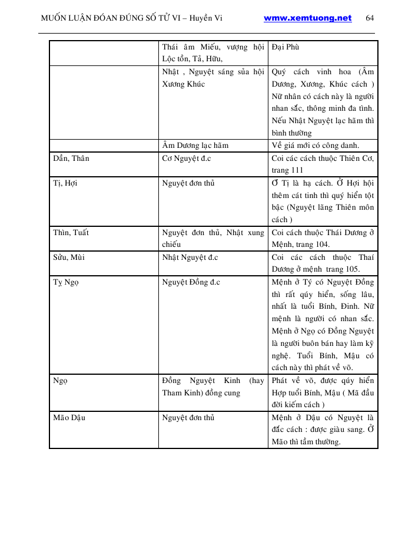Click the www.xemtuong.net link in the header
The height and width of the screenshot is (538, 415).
click(307, 18)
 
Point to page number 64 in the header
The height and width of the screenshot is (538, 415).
click(370, 18)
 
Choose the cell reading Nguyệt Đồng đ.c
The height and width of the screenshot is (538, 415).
click(191, 282)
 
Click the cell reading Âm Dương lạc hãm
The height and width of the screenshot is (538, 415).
click(195, 145)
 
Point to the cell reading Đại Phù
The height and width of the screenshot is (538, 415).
click(285, 47)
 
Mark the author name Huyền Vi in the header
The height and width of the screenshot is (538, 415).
click(210, 18)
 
